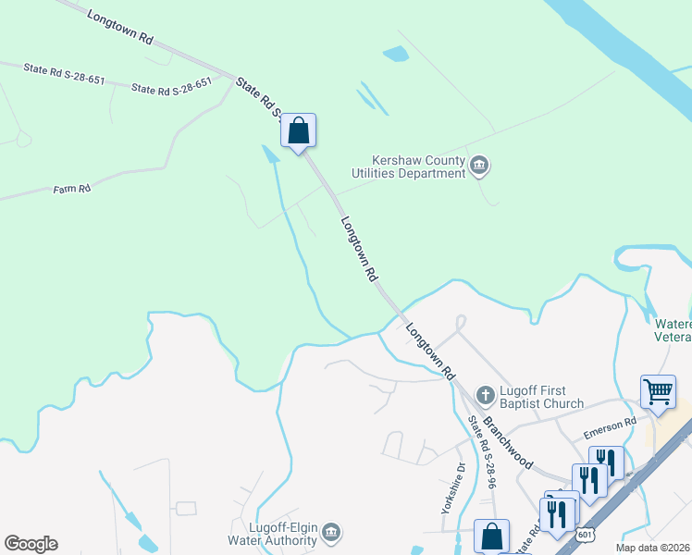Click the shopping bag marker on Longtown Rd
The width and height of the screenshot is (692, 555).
(298, 130)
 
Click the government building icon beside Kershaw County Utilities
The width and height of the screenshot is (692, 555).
(479, 166)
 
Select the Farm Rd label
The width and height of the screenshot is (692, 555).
(71, 190)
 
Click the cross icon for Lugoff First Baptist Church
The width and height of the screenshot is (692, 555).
(485, 396)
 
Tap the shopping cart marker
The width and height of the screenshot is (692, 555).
(658, 391)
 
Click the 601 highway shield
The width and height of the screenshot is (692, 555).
(583, 535)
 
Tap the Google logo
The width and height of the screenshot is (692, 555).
(31, 544)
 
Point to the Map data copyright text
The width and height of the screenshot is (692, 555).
(651, 548)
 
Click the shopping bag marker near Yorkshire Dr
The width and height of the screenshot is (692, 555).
(491, 536)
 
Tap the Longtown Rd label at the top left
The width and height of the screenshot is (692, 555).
(121, 27)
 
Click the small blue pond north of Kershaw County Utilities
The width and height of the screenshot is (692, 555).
(396, 54)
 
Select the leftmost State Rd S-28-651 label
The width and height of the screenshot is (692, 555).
(64, 73)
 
